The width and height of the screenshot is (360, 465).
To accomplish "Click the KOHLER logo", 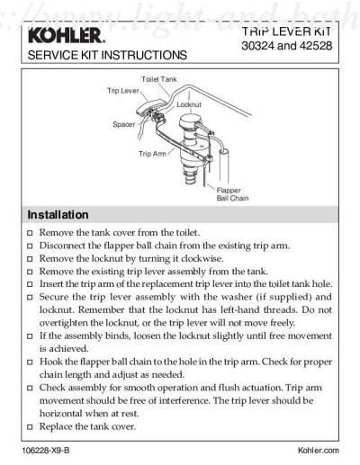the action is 67,36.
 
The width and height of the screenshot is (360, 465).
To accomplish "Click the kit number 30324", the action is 257,46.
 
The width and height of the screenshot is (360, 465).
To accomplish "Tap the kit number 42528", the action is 316,46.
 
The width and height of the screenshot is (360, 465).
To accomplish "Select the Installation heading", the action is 58,215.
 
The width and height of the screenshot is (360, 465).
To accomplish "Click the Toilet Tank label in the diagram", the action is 159,79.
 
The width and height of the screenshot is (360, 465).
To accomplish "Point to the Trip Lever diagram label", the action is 123,91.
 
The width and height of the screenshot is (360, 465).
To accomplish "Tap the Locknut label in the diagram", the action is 189,104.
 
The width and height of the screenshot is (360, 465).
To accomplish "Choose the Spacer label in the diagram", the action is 124,124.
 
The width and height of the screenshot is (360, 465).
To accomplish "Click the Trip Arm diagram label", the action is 152,154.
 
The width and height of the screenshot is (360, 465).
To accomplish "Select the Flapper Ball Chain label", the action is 232,194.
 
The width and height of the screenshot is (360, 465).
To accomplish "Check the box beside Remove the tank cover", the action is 30,233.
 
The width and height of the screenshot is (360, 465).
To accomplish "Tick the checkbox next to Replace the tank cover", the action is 30,427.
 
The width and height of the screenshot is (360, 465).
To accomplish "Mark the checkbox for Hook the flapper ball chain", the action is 30,362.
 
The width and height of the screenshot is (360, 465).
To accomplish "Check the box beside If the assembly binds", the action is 30,336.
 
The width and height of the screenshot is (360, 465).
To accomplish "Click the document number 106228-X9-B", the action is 46,451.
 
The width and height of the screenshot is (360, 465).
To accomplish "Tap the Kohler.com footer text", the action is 319,451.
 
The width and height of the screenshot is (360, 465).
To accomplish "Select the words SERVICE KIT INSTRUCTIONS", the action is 107,55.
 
